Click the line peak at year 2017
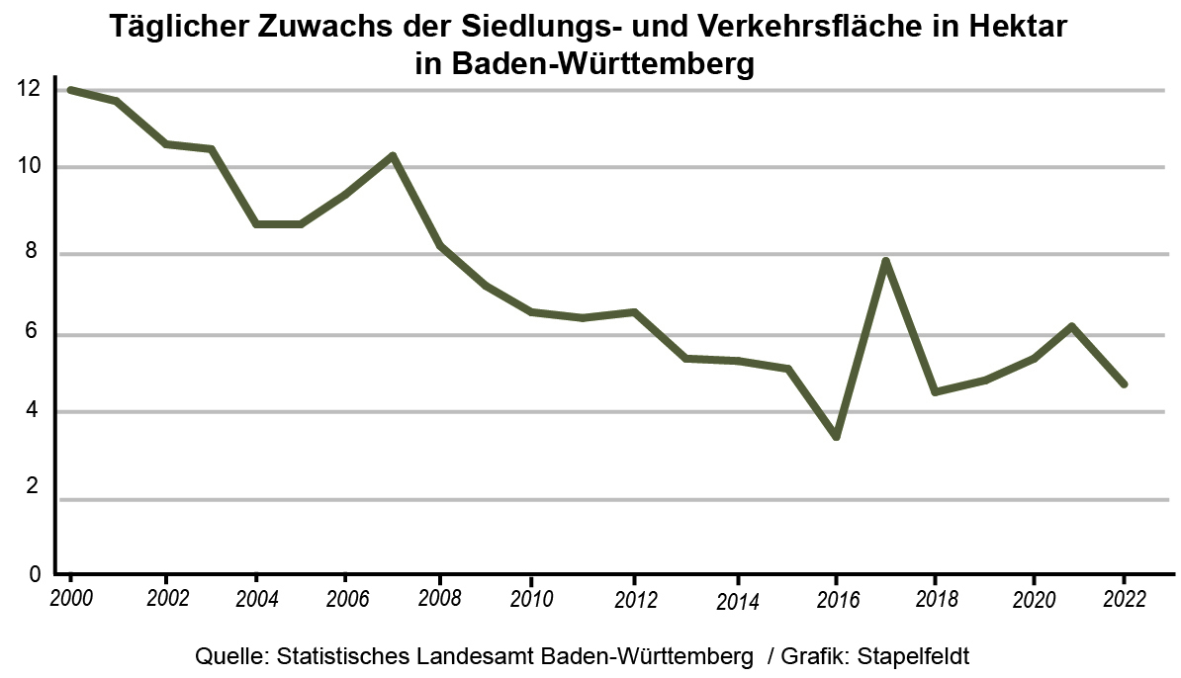coord(886,261)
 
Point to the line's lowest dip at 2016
coord(837,436)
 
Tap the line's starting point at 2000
coord(70,90)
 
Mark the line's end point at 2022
coord(1124,383)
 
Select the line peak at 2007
coord(393,155)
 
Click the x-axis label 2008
coord(436,599)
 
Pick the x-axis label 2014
coord(737,602)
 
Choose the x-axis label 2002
coord(166,598)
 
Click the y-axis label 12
coord(28,89)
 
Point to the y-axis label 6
coord(34,332)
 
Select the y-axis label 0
coord(34,573)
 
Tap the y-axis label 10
coord(28,166)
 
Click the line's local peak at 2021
coord(1072,326)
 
